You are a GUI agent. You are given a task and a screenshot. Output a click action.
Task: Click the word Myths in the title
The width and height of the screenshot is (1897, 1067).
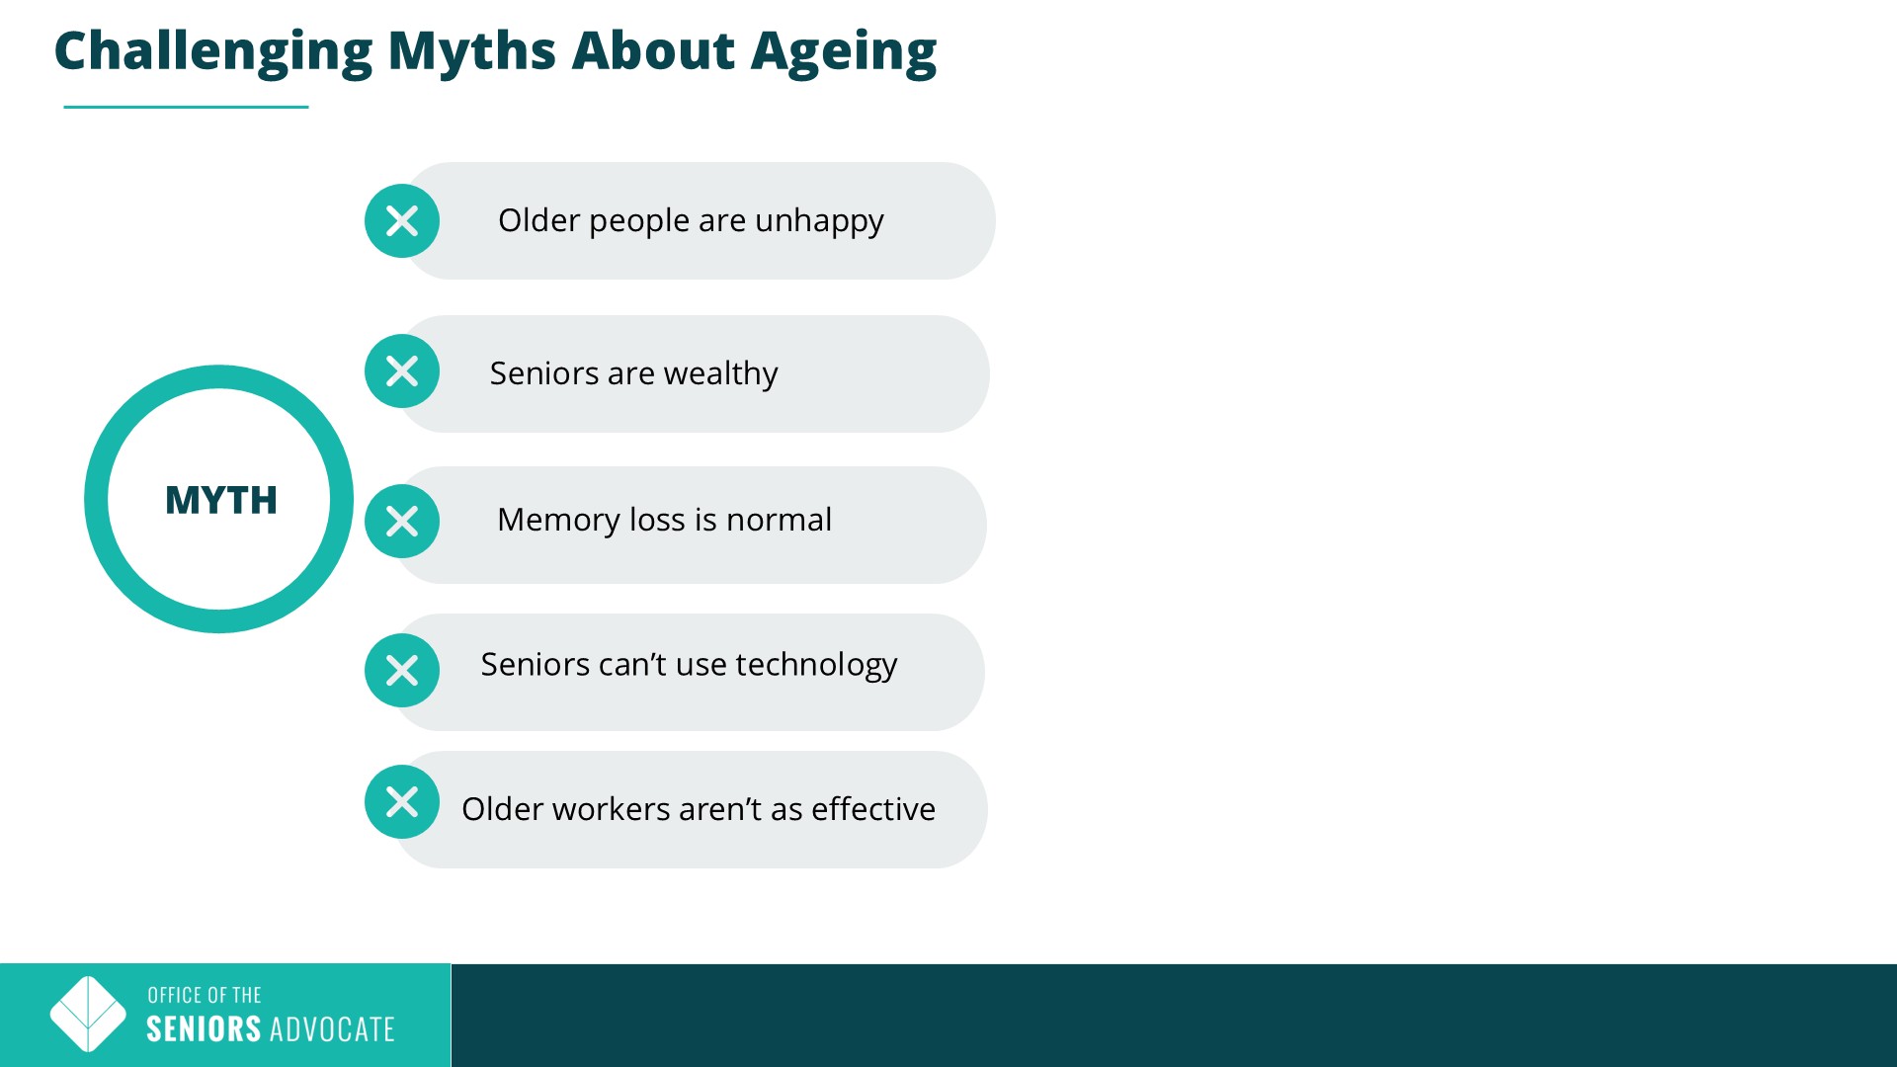click(x=472, y=51)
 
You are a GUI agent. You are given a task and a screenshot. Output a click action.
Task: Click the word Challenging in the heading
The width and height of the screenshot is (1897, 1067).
click(x=213, y=51)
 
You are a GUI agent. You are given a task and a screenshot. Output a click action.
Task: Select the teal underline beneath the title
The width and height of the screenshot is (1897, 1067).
click(x=186, y=107)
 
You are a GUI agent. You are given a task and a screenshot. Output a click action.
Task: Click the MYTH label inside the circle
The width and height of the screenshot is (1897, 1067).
click(x=221, y=500)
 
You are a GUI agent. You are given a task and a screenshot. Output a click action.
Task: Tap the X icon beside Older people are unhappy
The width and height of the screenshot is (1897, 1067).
click(x=402, y=221)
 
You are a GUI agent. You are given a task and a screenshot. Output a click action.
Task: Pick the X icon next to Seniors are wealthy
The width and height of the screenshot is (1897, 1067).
click(x=402, y=371)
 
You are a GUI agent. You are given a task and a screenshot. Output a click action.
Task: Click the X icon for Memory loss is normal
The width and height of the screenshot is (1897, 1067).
click(x=402, y=521)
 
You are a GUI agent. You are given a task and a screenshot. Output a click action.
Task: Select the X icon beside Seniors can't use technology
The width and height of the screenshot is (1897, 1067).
click(x=402, y=671)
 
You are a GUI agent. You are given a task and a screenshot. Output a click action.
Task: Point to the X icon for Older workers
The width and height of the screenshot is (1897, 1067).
click(x=402, y=802)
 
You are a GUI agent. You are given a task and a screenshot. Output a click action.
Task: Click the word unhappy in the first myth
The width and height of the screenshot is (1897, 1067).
click(x=819, y=222)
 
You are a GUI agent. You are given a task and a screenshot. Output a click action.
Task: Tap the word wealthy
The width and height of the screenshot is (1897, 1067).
click(x=721, y=374)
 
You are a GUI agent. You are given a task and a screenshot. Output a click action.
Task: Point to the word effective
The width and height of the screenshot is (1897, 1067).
click(x=873, y=809)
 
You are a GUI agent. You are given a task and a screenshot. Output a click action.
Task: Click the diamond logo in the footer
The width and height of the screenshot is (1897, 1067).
click(x=88, y=1015)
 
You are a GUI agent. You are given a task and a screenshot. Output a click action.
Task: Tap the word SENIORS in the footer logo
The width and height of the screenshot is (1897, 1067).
click(x=204, y=1029)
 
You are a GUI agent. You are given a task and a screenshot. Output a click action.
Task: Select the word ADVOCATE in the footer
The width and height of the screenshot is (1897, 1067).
click(x=332, y=1029)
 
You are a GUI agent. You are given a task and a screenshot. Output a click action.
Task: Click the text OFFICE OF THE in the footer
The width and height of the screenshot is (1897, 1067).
click(x=205, y=995)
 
